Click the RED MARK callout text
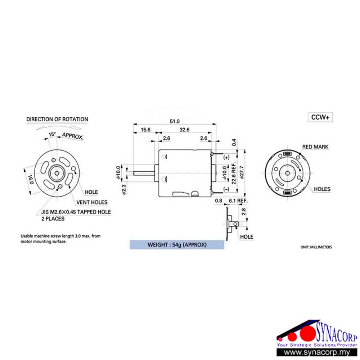click(315, 147)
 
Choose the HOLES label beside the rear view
click(322, 189)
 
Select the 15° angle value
click(53, 134)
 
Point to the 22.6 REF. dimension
click(234, 173)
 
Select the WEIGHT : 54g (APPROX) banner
click(177, 245)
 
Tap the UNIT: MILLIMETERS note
click(316, 248)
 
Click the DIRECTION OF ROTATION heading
click(57, 119)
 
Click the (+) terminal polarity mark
click(226, 158)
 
